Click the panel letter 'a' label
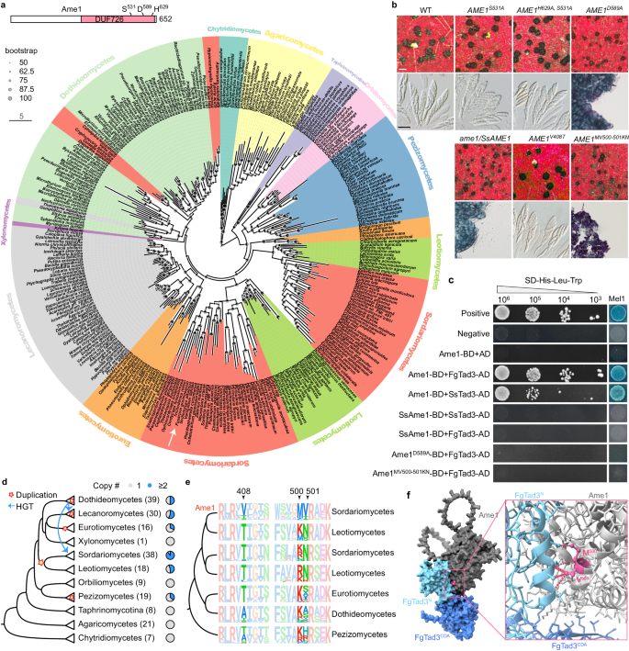coord(6,7)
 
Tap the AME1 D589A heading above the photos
coord(591,7)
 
